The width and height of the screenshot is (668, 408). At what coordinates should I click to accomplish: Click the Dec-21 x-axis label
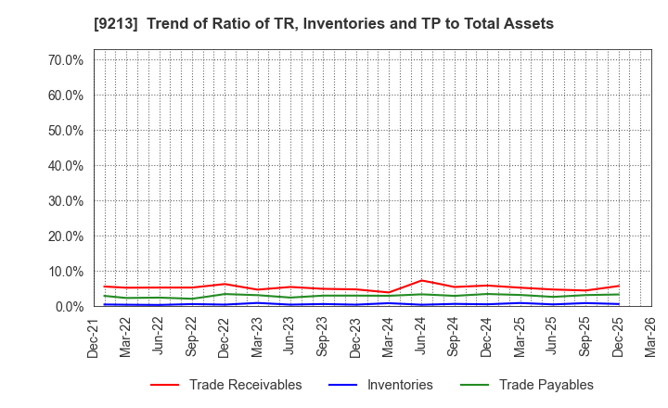click(95, 336)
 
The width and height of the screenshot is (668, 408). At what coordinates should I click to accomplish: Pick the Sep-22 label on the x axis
click(192, 336)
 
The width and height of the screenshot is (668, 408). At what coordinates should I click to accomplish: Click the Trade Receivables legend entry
click(245, 385)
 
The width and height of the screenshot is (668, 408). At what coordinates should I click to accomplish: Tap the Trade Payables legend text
click(546, 385)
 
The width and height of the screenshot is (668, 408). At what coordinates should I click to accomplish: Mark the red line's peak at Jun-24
click(422, 280)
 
